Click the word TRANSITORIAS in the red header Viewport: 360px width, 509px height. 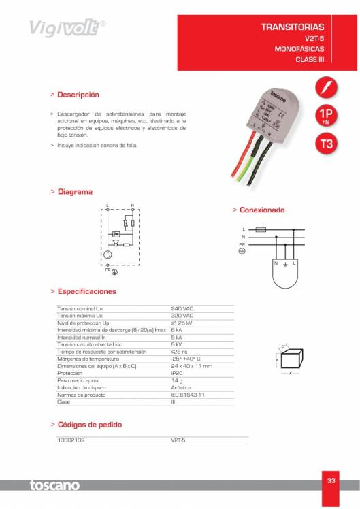pos(293,27)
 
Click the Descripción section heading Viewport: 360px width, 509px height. pos(78,95)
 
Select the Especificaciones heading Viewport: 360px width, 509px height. pos(86,291)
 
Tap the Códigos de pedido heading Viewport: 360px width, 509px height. pos(89,425)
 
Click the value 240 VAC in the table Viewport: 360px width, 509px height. pos(182,308)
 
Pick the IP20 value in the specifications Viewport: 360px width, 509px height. pos(177,373)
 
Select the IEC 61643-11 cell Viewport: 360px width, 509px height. pos(188,395)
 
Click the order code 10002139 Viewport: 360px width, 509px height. pos(70,440)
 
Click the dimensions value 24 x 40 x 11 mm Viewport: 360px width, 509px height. pos(192,366)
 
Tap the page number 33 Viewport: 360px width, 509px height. pos(331,481)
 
